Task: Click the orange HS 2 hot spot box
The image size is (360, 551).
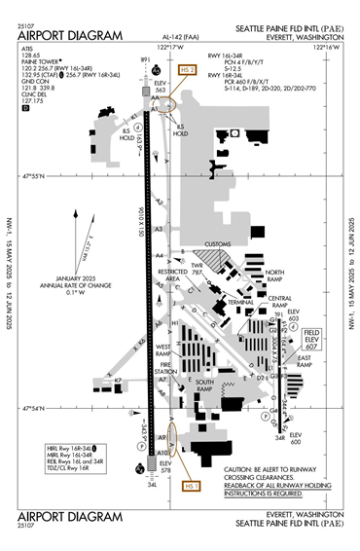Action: (x=189, y=70)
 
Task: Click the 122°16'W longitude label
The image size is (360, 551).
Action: (x=328, y=47)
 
